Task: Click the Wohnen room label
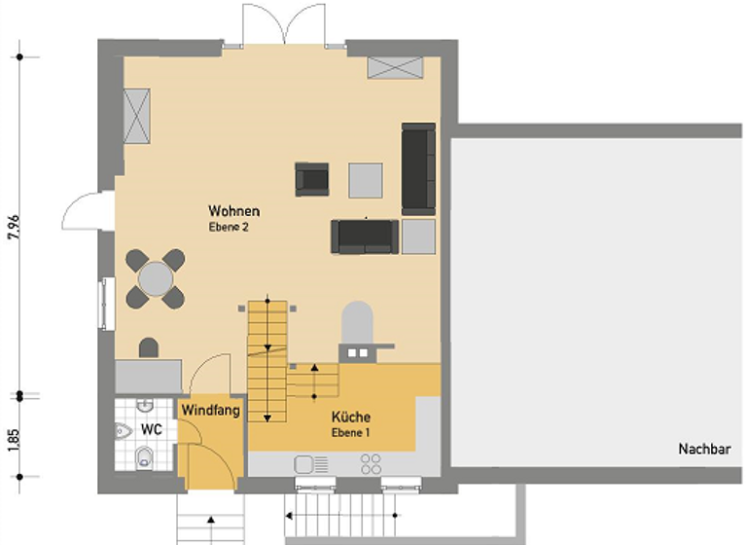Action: point(233,210)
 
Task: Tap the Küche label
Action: point(350,418)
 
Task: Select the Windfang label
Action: point(209,412)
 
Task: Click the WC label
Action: point(151,429)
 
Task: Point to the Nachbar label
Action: point(704,450)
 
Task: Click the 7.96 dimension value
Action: point(13,225)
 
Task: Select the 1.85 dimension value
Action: point(13,438)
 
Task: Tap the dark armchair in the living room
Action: point(312,178)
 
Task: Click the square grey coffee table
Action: point(367,178)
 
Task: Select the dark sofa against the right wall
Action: point(418,168)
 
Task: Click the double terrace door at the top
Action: point(283,24)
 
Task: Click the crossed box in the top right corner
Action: point(394,67)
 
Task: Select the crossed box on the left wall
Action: point(137,113)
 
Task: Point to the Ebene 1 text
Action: point(350,432)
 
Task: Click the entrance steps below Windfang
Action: point(206,521)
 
